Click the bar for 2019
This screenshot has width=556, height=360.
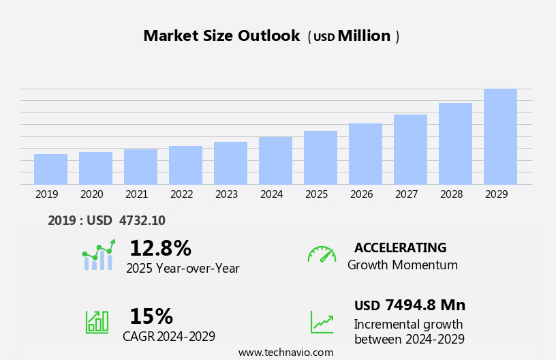click(x=50, y=169)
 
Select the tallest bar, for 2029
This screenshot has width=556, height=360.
click(x=500, y=136)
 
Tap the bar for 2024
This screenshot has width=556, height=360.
click(x=275, y=160)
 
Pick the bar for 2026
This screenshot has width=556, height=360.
click(x=365, y=153)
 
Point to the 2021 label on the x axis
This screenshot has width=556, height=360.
click(x=136, y=194)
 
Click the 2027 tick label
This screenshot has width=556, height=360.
click(x=406, y=194)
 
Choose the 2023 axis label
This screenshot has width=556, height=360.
click(x=226, y=194)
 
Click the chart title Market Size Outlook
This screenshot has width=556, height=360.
click(x=221, y=36)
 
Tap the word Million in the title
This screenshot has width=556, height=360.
click(x=364, y=36)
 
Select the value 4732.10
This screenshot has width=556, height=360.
click(x=142, y=220)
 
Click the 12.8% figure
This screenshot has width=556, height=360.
click(x=160, y=248)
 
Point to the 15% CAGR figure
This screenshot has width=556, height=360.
click(x=151, y=316)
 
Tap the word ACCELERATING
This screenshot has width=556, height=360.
click(x=400, y=247)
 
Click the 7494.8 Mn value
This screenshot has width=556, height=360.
click(x=424, y=305)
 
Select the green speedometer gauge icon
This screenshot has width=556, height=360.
click(x=322, y=254)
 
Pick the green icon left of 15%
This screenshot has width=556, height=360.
click(x=97, y=321)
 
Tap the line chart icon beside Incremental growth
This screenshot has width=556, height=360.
click(x=322, y=322)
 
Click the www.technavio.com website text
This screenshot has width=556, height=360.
click(x=285, y=352)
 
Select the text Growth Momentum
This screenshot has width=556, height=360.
click(x=402, y=265)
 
